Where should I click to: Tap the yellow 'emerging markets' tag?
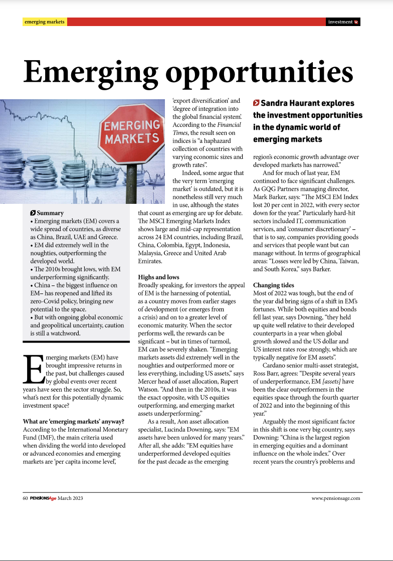45,22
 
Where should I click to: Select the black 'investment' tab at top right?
343,22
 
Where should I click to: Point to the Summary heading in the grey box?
50,213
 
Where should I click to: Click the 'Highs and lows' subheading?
158,276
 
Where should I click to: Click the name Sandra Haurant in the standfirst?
286,103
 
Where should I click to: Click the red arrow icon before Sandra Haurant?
256,103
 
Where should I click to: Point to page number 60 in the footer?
26,498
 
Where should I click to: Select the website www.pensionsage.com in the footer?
336,498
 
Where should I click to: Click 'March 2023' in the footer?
70,498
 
